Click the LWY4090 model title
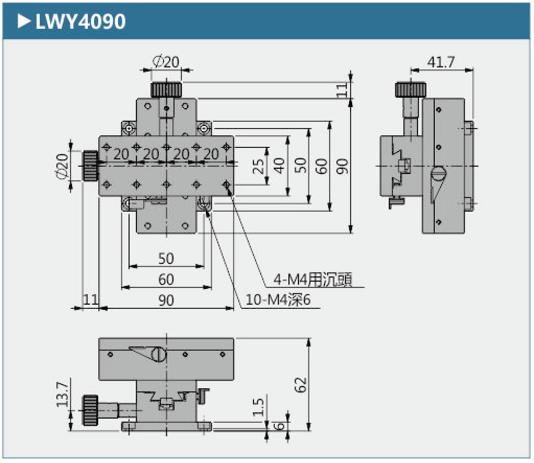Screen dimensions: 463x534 [x=80, y=21]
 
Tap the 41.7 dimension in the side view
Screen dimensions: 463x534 [x=440, y=62]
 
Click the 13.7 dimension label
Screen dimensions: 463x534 [x=63, y=395]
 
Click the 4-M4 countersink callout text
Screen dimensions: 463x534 [x=312, y=280]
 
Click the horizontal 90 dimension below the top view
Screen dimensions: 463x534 [x=166, y=300]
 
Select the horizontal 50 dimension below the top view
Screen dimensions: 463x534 [x=166, y=258]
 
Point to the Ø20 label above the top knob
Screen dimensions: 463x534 [x=166, y=62]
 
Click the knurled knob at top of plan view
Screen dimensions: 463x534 [x=166, y=89]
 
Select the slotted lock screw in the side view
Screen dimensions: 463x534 [x=438, y=172]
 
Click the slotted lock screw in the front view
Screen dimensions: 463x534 [x=159, y=355]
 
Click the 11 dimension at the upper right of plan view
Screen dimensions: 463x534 [x=342, y=90]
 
